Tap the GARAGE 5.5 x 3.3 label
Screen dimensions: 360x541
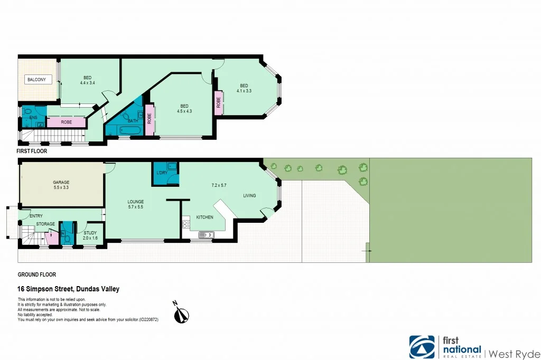point(61,185)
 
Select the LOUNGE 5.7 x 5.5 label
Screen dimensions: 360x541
point(136,205)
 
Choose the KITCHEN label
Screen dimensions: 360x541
point(204,217)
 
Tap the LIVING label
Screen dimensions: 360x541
point(249,196)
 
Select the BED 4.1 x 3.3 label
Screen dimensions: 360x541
point(244,89)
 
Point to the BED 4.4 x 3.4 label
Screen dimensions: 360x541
point(87,80)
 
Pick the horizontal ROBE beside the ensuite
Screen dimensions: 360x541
point(66,122)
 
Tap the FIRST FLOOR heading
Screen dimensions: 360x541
point(32,151)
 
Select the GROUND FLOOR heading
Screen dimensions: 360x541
point(37,274)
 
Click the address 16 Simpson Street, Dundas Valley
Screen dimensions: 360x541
point(69,289)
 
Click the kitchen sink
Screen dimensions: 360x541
point(206,235)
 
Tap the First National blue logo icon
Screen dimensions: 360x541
point(422,347)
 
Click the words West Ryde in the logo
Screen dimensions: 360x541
point(514,353)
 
